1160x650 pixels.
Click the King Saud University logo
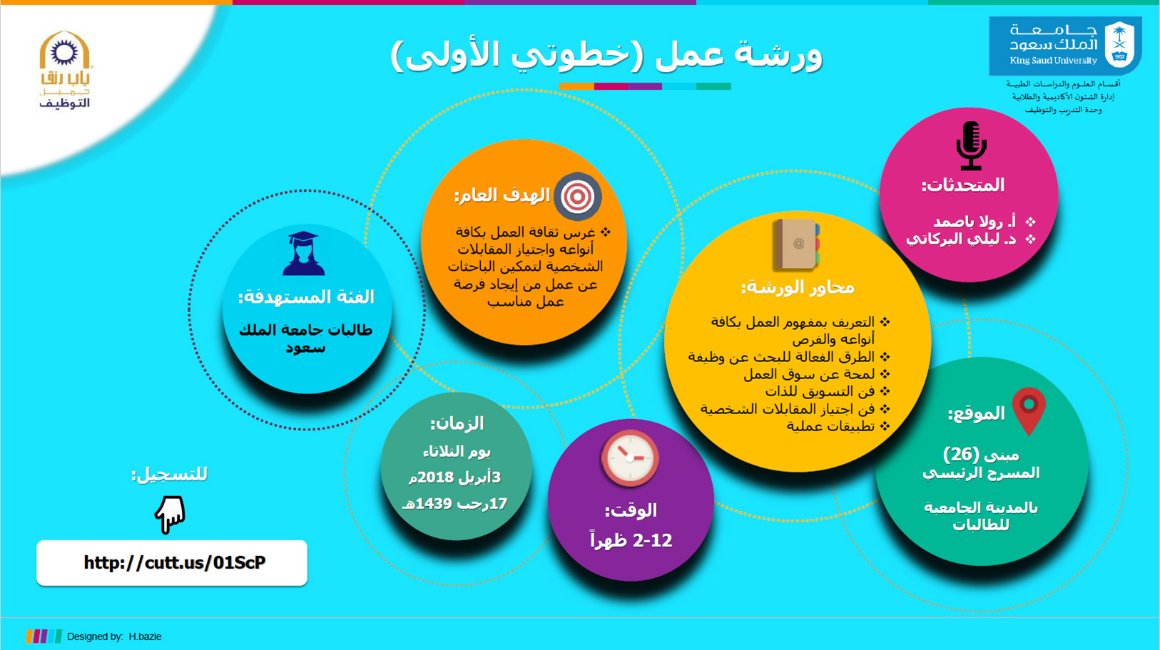coord(1065,46)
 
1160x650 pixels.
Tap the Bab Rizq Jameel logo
coord(65,70)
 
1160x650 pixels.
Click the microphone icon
coord(971,146)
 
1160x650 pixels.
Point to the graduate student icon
coord(303,254)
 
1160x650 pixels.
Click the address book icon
coord(796,244)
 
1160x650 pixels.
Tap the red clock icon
coord(630,458)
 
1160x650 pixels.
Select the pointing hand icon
coord(170,515)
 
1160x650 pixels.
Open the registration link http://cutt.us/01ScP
coord(175,562)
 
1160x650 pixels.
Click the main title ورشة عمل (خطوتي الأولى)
coord(606,56)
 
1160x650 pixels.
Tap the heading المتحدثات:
coord(962,185)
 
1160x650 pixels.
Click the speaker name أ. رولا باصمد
coord(975,222)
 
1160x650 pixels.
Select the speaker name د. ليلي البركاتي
coord(961,239)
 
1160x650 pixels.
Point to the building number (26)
coord(961,454)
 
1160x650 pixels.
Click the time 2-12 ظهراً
coord(631,540)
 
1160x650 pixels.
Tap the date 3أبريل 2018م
coord(455,477)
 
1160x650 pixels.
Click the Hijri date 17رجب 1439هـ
coord(454,503)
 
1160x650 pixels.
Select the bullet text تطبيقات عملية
coord(830,426)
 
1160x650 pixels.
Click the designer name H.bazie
coord(145,636)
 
